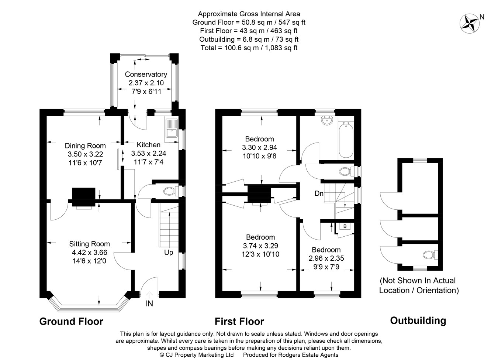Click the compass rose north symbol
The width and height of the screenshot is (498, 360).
[x=470, y=23]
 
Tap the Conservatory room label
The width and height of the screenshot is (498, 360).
[x=146, y=75]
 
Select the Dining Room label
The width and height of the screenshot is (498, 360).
[x=85, y=146]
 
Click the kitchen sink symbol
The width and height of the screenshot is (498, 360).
[x=172, y=128]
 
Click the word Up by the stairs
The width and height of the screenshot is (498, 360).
[x=169, y=253]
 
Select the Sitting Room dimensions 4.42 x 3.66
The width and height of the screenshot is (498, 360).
[x=89, y=253]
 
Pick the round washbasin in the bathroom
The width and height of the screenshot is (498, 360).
[x=326, y=120]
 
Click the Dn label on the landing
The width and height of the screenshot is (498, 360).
[x=319, y=193]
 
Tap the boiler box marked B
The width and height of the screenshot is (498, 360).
[x=345, y=226]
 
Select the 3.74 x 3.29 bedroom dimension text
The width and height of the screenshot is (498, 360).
[x=260, y=246]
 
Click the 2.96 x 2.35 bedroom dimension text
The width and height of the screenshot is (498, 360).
[x=326, y=258]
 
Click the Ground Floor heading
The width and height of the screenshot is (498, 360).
[x=71, y=322]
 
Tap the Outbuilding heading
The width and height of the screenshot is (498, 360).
[x=418, y=320]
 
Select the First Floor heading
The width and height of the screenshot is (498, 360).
[x=239, y=322]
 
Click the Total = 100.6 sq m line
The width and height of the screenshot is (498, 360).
[x=249, y=48]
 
